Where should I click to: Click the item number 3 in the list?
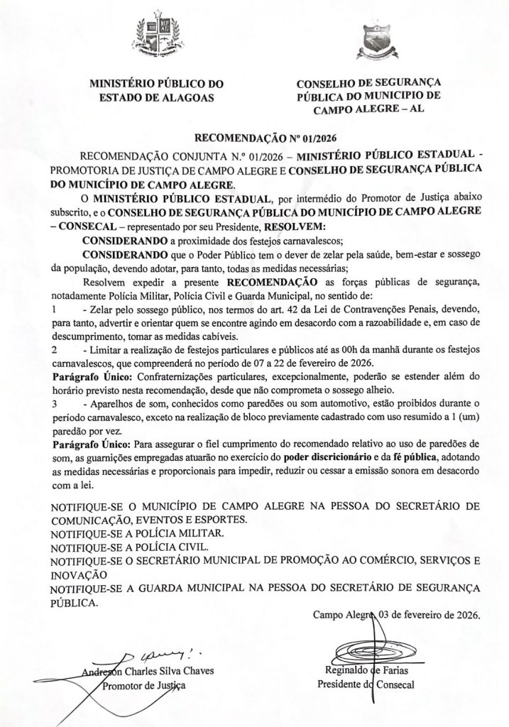click(x=55, y=402)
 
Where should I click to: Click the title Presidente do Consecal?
click(x=367, y=685)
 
